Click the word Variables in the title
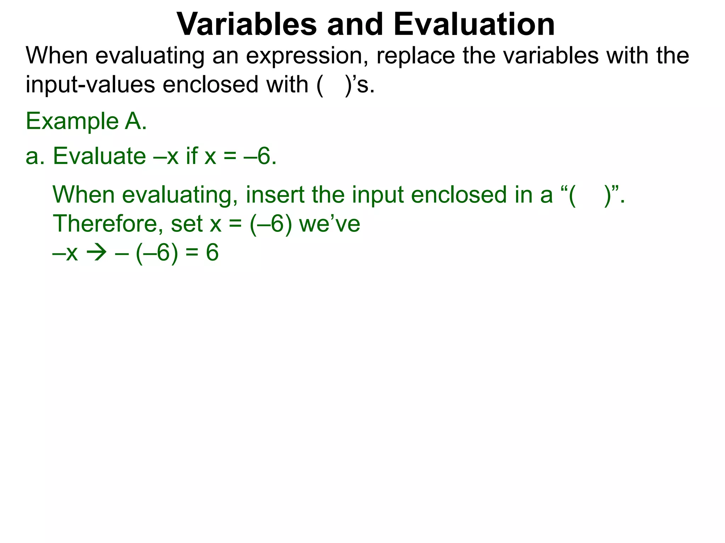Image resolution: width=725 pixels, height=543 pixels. [x=246, y=24]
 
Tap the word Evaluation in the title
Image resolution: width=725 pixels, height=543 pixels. [x=474, y=24]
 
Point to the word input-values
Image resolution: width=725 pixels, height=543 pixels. [x=90, y=85]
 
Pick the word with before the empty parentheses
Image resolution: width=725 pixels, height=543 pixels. [x=287, y=85]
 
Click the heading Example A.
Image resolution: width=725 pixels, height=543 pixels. [x=86, y=121]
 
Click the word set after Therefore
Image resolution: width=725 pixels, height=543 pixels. [x=187, y=224]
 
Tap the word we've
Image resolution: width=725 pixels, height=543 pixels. [x=330, y=224]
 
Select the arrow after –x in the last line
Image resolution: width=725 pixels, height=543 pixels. [x=97, y=253]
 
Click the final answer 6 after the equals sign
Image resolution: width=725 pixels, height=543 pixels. [x=212, y=253]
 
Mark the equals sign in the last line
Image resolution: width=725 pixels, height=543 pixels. [x=192, y=253]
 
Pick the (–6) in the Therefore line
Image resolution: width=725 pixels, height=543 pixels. [x=271, y=224]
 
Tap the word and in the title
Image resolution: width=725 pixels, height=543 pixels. [x=355, y=24]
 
